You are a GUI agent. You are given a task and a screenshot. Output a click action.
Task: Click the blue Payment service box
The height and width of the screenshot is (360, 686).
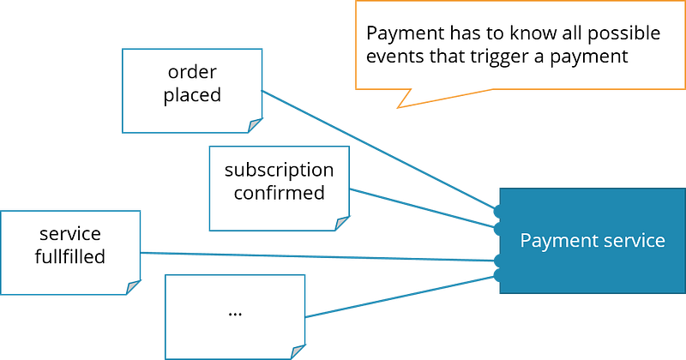point(592,241)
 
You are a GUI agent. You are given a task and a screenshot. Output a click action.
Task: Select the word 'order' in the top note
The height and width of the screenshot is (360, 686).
point(191,72)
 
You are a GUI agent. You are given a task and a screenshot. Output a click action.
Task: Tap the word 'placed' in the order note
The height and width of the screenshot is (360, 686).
point(192,94)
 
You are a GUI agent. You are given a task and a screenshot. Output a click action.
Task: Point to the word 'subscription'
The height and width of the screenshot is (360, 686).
point(279,170)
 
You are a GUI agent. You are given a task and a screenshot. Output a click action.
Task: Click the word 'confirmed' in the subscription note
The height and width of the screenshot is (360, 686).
point(279,192)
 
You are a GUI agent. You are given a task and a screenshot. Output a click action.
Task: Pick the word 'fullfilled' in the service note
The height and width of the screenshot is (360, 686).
point(70,256)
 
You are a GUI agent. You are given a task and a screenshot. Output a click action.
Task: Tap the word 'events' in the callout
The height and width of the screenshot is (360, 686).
point(396,57)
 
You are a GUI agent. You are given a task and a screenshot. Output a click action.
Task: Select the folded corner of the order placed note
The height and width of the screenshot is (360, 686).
point(255,127)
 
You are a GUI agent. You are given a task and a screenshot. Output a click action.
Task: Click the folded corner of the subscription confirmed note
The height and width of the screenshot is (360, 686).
point(341,224)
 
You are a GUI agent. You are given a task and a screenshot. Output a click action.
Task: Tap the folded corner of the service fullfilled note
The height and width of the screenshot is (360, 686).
point(134,287)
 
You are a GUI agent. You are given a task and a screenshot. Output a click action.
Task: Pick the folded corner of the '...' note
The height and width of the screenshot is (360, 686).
point(298,351)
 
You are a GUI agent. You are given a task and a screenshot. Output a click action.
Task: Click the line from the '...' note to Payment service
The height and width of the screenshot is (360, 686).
point(403,297)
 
